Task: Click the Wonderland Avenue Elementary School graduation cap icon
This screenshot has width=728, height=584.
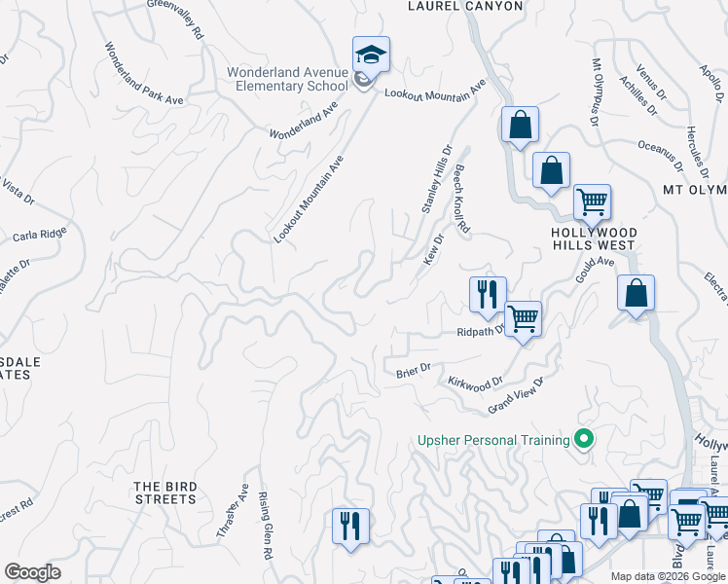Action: pos(371,55)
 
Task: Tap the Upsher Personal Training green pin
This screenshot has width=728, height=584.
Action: pos(584,440)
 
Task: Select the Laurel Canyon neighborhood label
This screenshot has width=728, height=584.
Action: pos(464,6)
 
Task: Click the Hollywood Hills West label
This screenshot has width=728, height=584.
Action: pos(594,239)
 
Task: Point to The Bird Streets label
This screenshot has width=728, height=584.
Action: pos(165,493)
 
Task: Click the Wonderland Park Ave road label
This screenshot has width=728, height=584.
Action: pos(144,71)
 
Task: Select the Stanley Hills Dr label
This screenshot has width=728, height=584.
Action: pos(436,178)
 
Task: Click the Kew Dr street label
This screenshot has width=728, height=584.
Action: pos(433,248)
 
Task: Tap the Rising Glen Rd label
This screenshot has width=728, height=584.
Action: pos(264,526)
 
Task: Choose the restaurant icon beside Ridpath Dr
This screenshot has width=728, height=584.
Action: pos(488,294)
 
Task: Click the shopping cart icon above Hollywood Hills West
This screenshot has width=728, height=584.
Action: pos(592,202)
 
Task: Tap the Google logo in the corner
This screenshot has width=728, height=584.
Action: pos(32,572)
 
